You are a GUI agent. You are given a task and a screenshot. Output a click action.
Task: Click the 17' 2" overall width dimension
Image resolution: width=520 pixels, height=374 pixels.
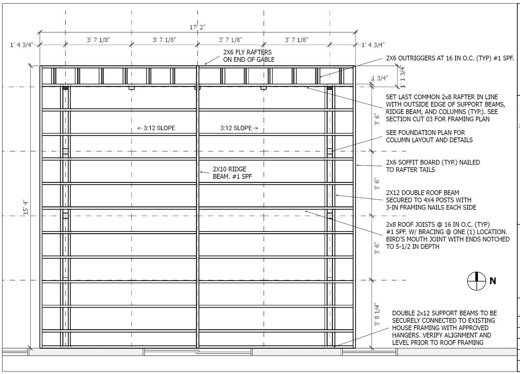pos(197,27)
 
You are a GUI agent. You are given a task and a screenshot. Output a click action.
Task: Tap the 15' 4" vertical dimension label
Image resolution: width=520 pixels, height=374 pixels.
pos(26,207)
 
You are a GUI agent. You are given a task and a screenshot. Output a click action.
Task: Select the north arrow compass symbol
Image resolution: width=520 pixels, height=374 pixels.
pos(477,281)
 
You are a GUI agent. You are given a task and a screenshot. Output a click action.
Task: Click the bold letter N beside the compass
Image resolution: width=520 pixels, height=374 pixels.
pos(493,281)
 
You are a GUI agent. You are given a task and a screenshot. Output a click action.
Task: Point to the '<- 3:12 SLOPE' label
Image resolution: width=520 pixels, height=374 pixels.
pos(156,128)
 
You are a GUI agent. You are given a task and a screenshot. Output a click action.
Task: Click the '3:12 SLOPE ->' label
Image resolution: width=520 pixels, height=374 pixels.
pos(239,128)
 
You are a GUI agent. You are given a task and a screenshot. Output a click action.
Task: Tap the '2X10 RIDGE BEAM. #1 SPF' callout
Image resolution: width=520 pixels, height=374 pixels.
pos(232,173)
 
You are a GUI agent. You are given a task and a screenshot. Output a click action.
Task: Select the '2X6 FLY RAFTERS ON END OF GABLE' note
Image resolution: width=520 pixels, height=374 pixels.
pos(249,56)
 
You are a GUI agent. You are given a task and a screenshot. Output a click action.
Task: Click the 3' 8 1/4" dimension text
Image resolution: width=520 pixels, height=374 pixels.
pos(377,314)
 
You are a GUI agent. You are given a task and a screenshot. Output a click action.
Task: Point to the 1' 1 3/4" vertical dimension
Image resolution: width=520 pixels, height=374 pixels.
pos(403,77)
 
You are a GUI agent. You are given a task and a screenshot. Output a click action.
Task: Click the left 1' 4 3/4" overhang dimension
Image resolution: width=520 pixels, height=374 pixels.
pos(22,45)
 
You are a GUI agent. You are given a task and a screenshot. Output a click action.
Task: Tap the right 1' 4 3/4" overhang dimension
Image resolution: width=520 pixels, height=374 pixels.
pos(373,45)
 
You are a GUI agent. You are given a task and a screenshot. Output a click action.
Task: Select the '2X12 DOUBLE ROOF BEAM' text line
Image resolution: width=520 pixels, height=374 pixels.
pos(422,193)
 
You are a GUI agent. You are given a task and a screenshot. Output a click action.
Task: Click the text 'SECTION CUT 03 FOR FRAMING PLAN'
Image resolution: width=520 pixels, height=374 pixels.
pos(437,119)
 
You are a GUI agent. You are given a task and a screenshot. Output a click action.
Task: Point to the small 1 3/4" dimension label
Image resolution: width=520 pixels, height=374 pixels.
pos(380,78)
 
